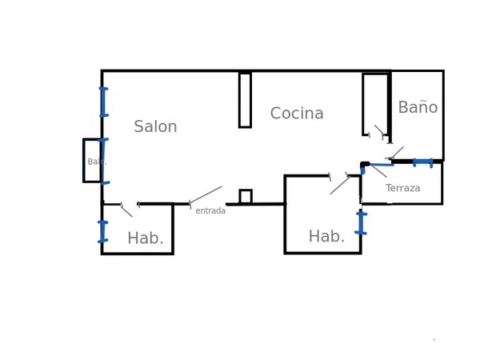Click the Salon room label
tap(155, 127)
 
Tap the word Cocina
tap(297, 114)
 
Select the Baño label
tap(418, 107)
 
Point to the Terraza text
tap(402, 188)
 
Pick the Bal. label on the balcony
tap(95, 162)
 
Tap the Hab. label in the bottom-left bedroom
tap(146, 238)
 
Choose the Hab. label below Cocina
tap(326, 237)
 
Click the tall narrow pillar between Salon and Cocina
tap(245, 100)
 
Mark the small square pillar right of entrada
tap(246, 197)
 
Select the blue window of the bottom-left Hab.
tap(102, 231)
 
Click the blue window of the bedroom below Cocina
tap(361, 222)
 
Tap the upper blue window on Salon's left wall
tap(103, 102)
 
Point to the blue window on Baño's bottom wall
tap(422, 162)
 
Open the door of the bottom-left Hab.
tap(126, 210)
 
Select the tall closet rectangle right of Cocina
tap(374, 104)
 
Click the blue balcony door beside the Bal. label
tap(103, 161)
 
